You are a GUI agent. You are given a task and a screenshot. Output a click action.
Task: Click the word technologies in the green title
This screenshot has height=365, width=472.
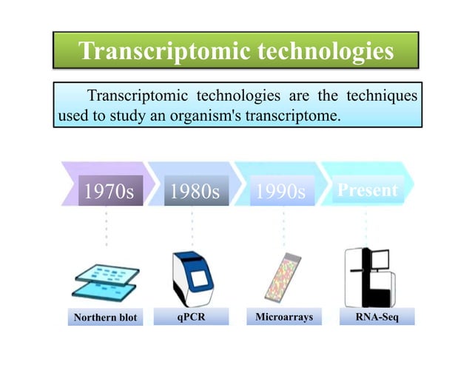(320, 52)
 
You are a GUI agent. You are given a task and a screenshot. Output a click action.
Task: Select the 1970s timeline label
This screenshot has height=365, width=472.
(109, 192)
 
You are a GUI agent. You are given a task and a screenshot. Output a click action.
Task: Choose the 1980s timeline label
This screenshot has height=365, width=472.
(195, 192)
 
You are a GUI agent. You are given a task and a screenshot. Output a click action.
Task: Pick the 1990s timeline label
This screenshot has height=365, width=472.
(280, 192)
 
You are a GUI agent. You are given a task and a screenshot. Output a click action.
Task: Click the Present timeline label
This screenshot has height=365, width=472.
(368, 190)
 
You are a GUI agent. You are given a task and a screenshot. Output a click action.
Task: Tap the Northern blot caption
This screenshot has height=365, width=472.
(105, 318)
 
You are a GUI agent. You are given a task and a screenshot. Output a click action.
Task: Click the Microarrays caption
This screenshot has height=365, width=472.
(284, 317)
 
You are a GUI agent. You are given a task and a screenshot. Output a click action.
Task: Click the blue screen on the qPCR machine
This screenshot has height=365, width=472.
(198, 280)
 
